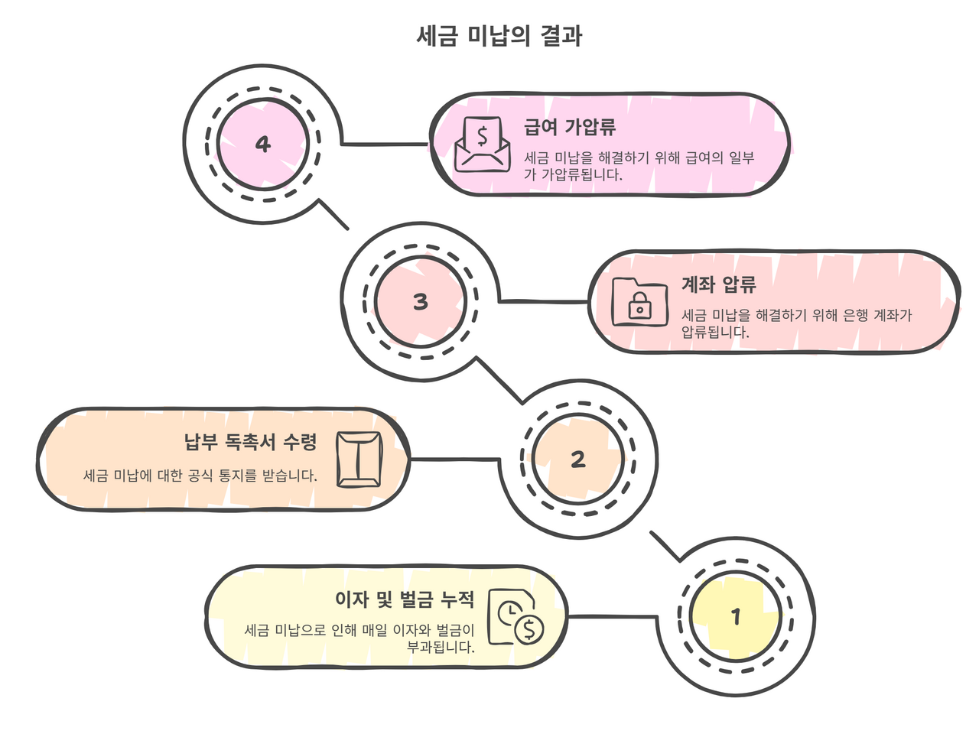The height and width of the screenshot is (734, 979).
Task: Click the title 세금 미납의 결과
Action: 499,36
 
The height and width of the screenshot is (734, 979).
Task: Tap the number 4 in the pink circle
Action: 263,144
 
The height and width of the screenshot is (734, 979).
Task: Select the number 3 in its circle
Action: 420,301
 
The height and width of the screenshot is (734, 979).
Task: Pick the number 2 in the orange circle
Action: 577,459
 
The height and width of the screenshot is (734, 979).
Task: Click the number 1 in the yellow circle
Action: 736,615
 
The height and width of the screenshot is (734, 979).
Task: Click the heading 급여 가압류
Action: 570,127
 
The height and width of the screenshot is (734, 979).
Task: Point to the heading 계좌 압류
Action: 718,285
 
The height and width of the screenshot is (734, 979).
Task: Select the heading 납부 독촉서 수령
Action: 250,442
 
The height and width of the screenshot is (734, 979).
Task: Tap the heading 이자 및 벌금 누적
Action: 405,599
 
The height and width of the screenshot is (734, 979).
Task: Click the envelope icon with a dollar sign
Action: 482,145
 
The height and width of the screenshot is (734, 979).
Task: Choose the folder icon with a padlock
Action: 639,302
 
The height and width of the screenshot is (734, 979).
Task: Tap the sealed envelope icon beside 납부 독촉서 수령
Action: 359,459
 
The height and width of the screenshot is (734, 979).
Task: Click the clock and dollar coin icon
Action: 516,618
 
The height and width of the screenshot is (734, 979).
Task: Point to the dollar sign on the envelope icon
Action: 482,136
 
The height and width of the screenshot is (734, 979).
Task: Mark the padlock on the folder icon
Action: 639,307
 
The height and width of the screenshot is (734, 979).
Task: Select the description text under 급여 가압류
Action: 639,166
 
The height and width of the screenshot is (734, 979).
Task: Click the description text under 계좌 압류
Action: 795,323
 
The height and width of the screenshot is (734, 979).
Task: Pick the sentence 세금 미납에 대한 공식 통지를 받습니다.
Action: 200,476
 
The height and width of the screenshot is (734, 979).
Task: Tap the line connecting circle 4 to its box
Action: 385,144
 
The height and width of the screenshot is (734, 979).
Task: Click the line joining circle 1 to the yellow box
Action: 612,616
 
